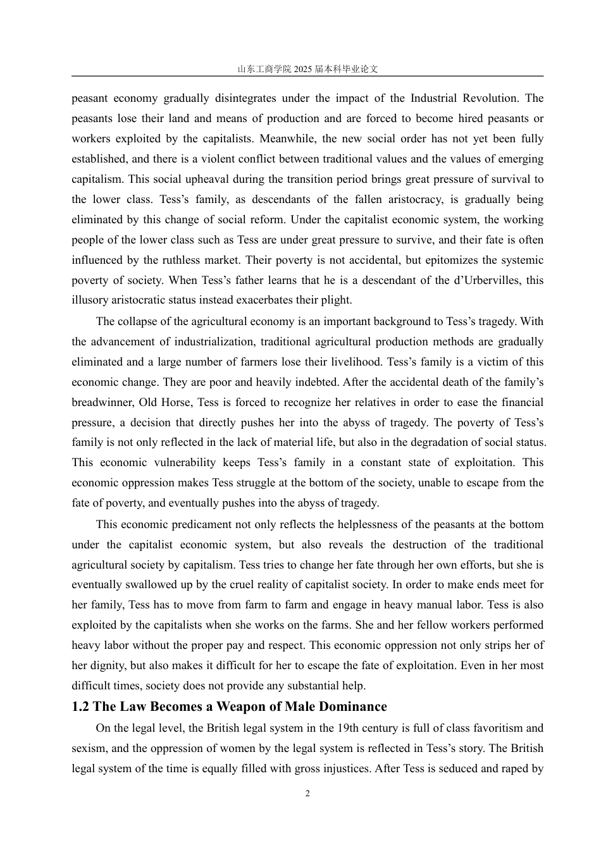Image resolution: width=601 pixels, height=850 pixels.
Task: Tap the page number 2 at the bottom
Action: tap(307, 794)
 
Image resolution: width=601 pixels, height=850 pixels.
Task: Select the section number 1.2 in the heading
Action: tap(80, 706)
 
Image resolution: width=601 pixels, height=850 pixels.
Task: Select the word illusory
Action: tap(89, 300)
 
